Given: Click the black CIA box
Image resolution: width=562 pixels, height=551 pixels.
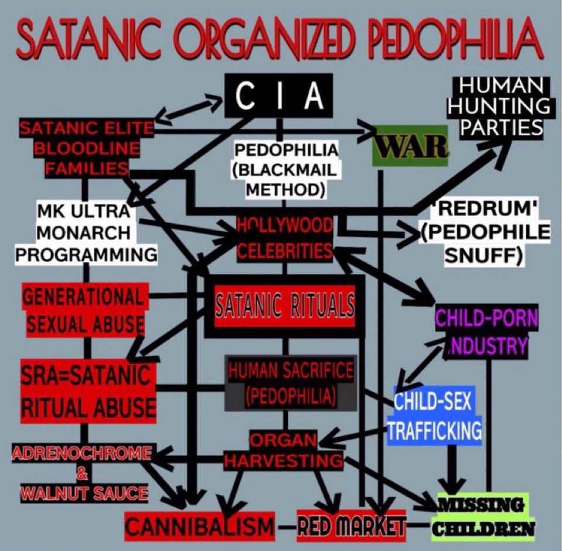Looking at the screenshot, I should (x=278, y=96).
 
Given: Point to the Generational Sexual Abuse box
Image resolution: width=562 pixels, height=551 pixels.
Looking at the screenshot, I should (x=83, y=309).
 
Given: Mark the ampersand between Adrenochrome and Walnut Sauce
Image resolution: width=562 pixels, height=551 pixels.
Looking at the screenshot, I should (x=81, y=473).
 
